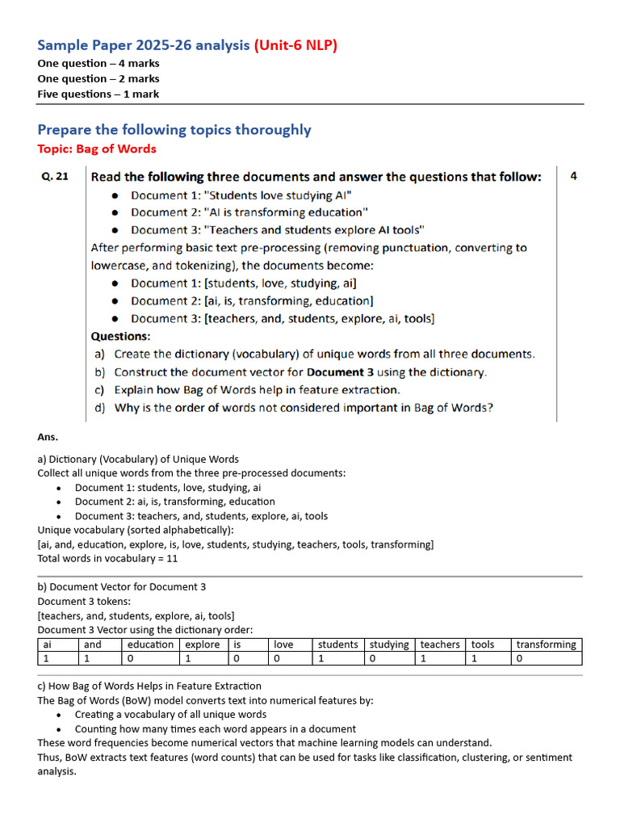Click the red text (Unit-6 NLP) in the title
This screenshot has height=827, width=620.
tap(295, 45)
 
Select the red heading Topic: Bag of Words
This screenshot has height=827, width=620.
tap(97, 149)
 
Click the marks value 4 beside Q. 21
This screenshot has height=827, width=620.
tap(573, 176)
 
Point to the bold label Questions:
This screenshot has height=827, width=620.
tap(120, 336)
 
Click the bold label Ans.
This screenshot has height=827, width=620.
tap(48, 437)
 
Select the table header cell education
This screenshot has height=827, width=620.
tap(150, 644)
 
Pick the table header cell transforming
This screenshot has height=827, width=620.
tap(546, 644)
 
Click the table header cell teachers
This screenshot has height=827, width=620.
tap(440, 644)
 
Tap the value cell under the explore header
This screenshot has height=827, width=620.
tap(202, 658)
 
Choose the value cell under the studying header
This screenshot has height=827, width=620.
tap(390, 658)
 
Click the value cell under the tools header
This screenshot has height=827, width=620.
tap(488, 658)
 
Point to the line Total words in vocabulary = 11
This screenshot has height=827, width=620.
tap(107, 558)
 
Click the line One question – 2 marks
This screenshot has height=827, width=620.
tap(98, 78)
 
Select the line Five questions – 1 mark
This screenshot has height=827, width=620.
tap(98, 94)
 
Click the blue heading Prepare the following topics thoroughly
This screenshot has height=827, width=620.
tap(174, 129)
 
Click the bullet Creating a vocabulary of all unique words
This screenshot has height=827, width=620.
tap(170, 714)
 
